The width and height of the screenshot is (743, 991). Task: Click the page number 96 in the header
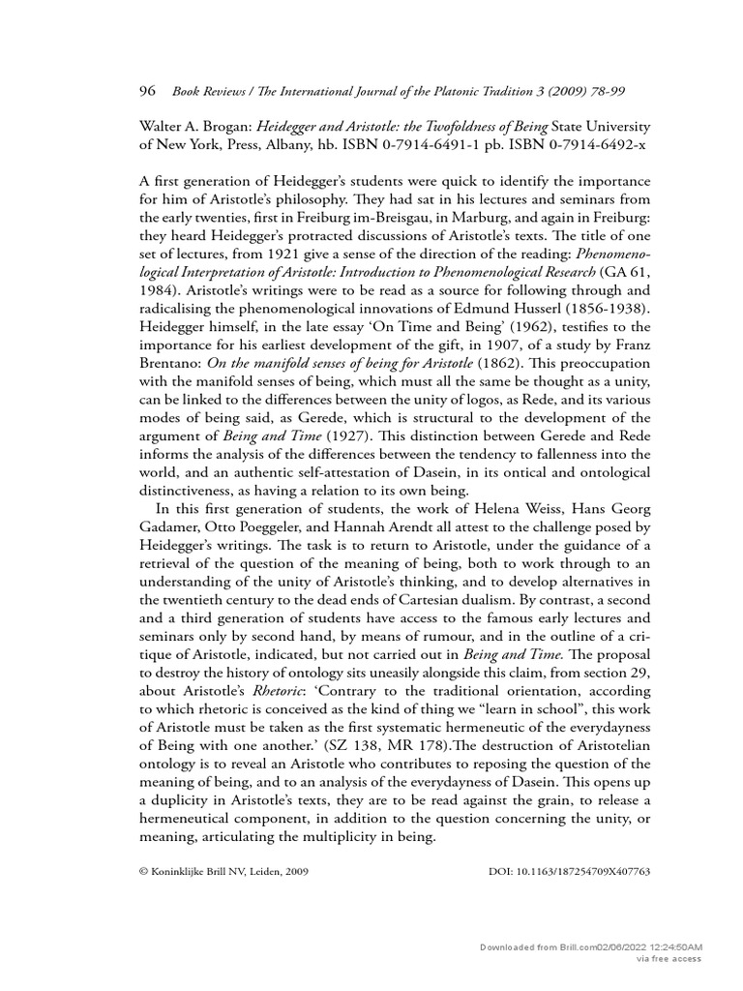[148, 91]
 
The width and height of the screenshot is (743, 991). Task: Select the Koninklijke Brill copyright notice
[224, 871]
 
